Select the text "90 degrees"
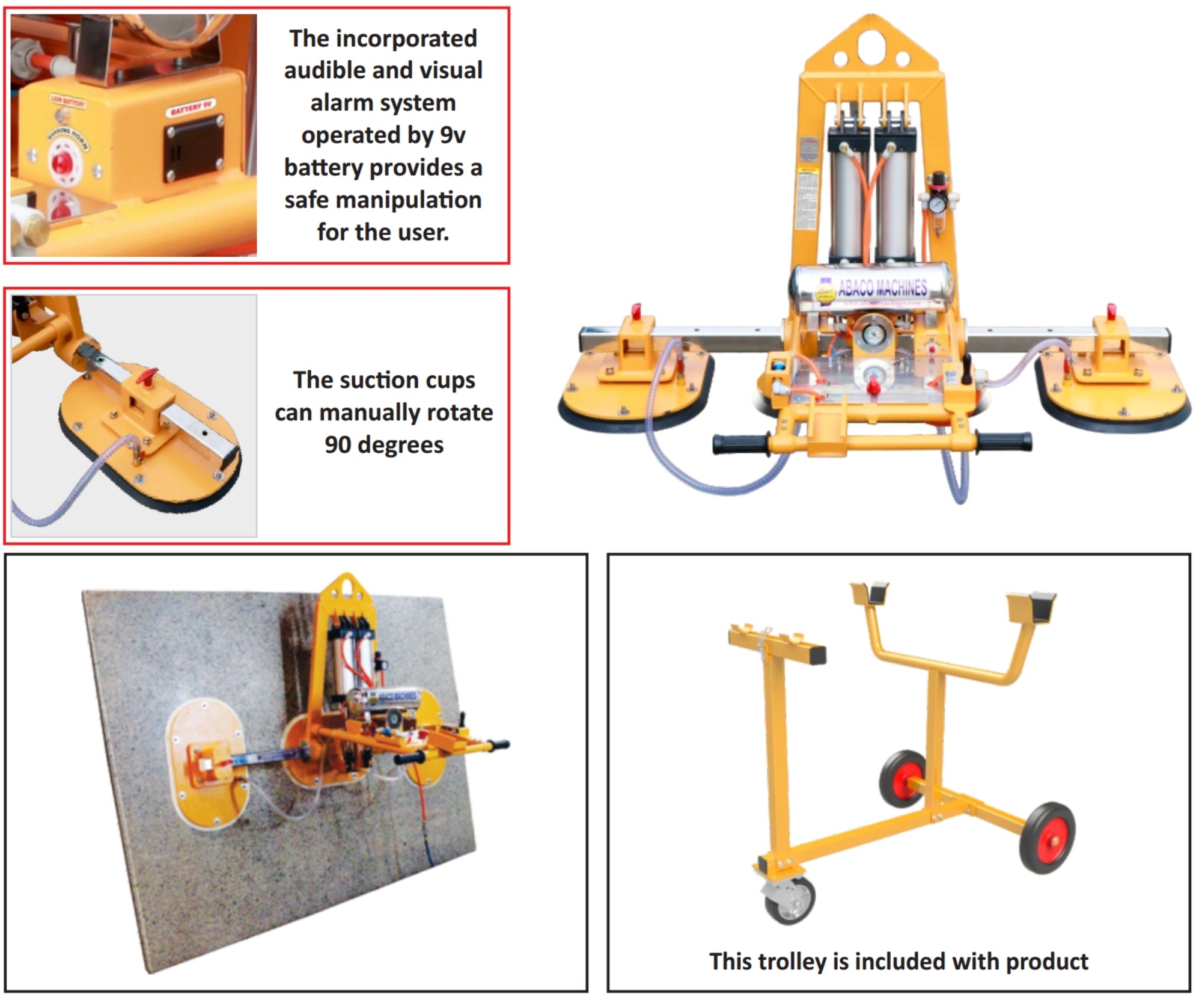[x=384, y=445]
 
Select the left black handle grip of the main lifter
[x=739, y=444]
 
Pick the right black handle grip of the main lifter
[x=1004, y=442]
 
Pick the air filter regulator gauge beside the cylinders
[x=936, y=205]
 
